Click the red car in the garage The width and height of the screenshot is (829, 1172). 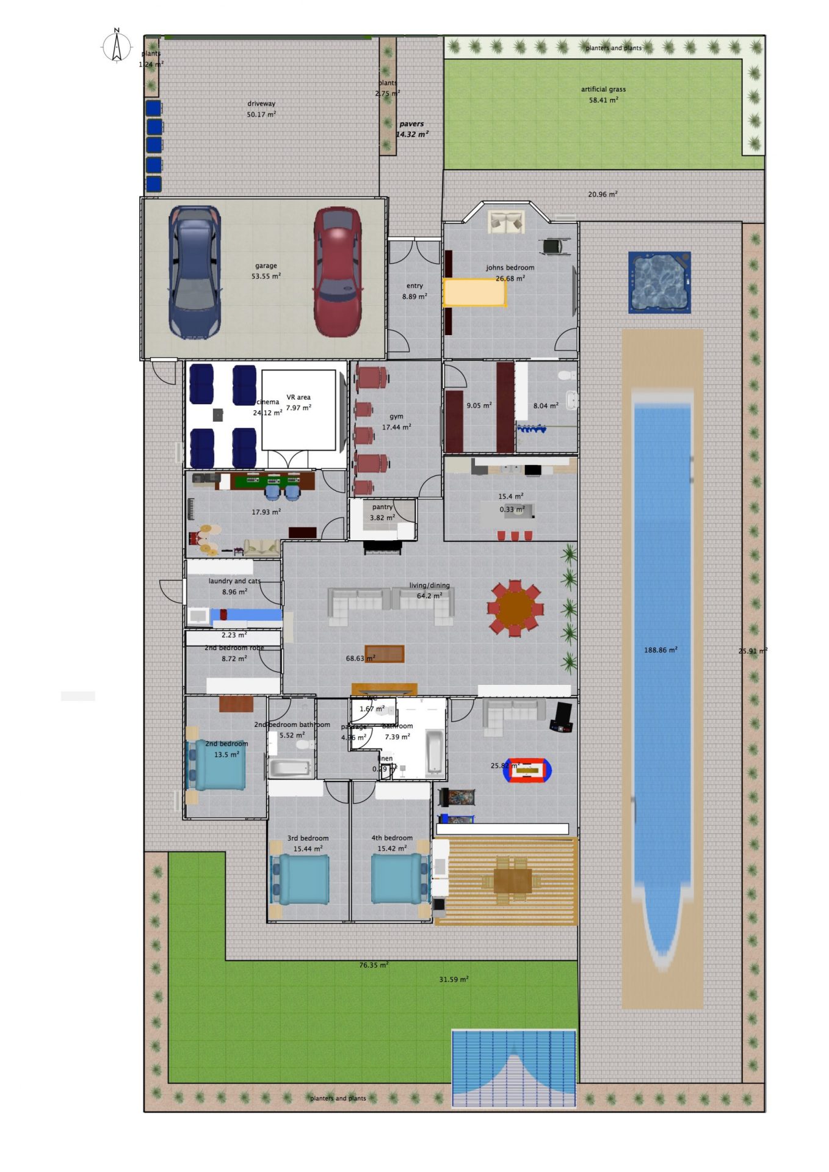337,272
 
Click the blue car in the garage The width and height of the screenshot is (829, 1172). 195,272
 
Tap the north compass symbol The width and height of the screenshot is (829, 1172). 117,46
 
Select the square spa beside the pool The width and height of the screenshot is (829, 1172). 659,282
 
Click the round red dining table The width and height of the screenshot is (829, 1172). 515,608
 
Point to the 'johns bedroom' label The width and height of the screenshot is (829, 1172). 510,267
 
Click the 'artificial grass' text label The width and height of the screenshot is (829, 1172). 603,89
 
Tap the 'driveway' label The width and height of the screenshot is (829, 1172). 261,104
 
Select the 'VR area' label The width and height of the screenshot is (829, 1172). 299,397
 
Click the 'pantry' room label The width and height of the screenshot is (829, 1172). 382,507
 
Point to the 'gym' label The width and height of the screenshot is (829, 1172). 396,416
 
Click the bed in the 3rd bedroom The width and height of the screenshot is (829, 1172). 302,880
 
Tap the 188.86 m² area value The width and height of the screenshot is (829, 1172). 661,650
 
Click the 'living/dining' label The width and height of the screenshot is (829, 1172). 429,585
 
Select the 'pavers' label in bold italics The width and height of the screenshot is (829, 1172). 411,124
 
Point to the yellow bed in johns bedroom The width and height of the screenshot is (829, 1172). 474,292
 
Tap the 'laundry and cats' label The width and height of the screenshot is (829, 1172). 234,581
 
